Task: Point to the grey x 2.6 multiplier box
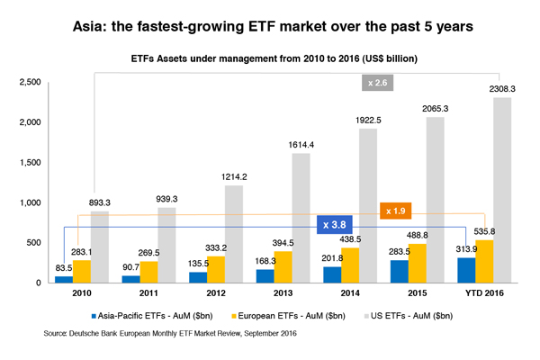coord(377,83)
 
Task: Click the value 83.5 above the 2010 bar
coord(63,269)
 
